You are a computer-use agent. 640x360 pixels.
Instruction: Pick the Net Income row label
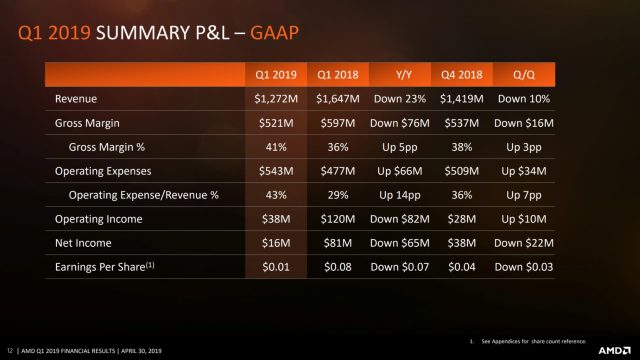81,243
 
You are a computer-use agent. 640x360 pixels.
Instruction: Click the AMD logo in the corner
610,350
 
